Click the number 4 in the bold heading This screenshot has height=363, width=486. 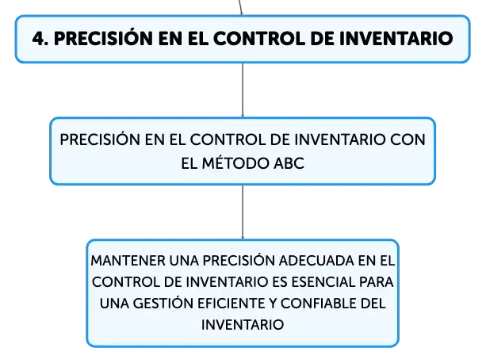(38, 39)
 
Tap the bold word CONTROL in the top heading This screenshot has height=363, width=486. (259, 39)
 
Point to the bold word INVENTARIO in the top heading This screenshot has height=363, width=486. (396, 39)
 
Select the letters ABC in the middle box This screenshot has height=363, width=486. (289, 163)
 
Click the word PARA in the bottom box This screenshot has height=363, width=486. (377, 282)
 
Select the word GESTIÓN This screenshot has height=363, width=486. (163, 303)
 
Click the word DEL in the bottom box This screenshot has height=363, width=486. (373, 304)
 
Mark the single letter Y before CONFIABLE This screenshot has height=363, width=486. (273, 304)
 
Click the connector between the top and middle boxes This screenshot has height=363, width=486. (243, 90)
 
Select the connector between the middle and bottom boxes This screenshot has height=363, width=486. (243, 212)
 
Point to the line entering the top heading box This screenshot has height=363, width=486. (240, 7)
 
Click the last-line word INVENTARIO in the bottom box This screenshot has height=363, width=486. (243, 325)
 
